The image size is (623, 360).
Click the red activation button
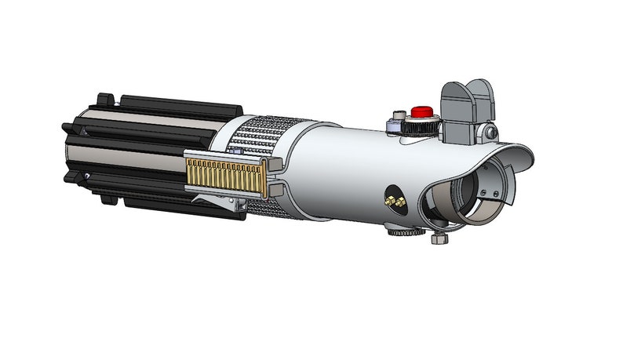pos(423,111)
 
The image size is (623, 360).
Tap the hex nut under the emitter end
pos(438,238)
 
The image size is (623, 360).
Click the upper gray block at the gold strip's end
pos(275,163)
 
